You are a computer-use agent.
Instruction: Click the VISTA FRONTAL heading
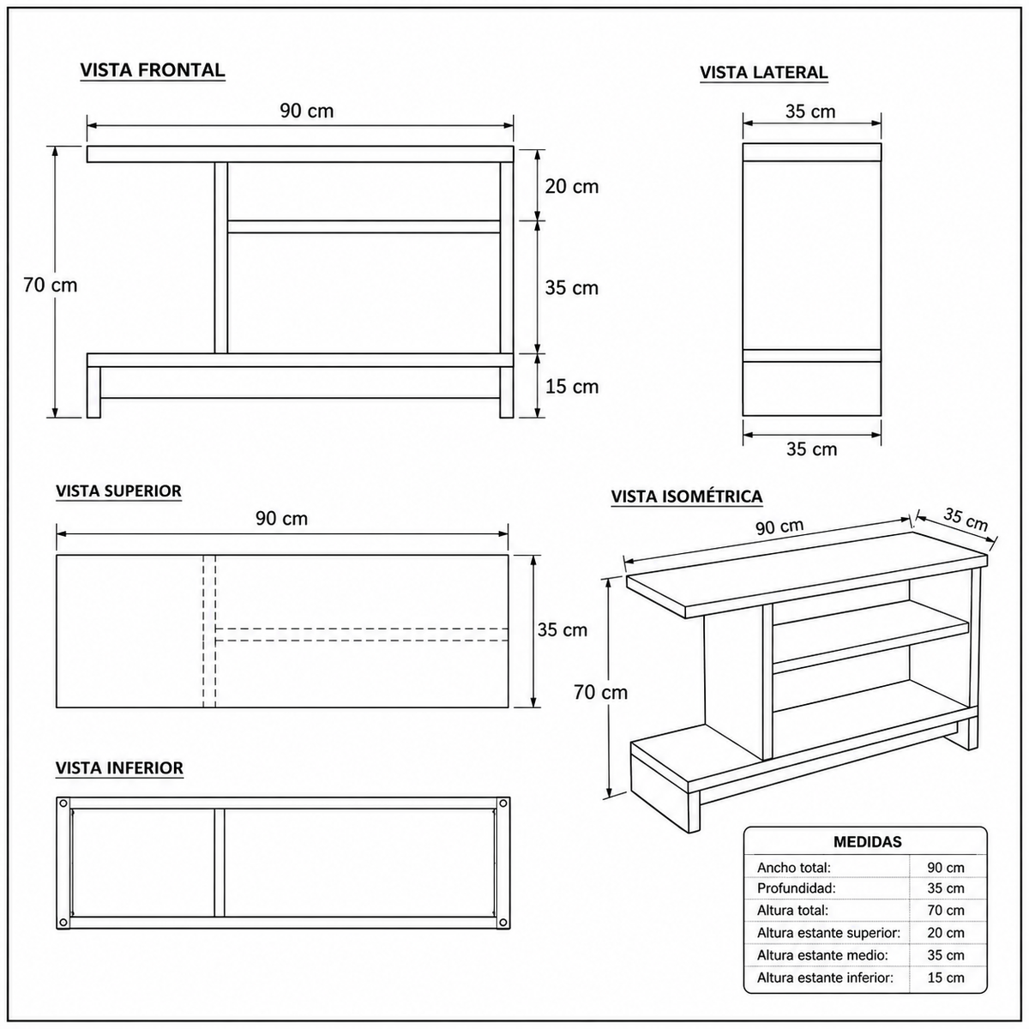(x=152, y=70)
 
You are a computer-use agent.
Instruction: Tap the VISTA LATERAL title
(x=764, y=72)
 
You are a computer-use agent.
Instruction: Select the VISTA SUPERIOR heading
(x=118, y=490)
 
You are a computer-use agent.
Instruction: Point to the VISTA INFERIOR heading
(x=119, y=767)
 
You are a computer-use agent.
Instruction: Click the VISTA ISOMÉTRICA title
(x=687, y=496)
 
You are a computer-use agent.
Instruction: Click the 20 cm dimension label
(x=571, y=186)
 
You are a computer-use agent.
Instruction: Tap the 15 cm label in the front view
(x=571, y=386)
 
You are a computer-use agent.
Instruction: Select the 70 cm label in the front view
(x=51, y=286)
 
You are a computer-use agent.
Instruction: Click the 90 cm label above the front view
(x=306, y=111)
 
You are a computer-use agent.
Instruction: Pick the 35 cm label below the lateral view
(x=811, y=449)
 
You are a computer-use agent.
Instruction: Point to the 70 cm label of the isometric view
(x=601, y=692)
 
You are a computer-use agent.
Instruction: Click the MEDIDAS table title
(x=868, y=842)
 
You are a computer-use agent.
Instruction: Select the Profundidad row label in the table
(x=796, y=888)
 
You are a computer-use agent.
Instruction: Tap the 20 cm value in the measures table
(x=946, y=933)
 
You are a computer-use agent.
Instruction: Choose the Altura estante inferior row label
(x=825, y=978)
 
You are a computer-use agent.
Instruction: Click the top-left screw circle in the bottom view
(x=63, y=803)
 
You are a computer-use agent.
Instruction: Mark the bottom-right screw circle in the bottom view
(x=502, y=922)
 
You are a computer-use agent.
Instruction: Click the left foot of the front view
(x=93, y=392)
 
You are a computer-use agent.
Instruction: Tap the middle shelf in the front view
(x=364, y=226)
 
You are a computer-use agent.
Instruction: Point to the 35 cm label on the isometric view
(x=966, y=519)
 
